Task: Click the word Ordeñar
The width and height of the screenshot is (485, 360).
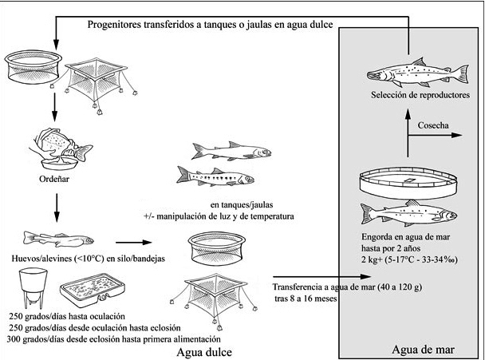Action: (x=55, y=180)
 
